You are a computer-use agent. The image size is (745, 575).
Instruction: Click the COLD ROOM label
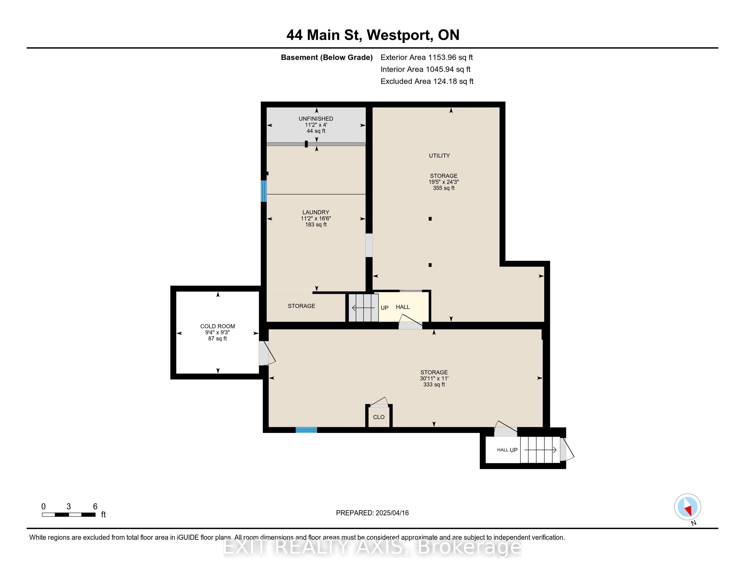point(217,326)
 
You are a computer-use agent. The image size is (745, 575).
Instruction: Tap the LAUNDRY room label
point(316,212)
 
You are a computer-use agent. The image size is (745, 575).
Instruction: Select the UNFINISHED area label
point(316,118)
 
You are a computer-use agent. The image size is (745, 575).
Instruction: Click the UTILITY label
point(439,156)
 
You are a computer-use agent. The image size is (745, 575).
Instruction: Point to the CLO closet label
point(379,417)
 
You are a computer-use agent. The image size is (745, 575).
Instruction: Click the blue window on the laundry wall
point(263,191)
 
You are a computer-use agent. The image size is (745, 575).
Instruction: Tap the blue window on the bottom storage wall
point(306,430)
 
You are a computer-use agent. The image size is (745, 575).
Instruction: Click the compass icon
point(687,507)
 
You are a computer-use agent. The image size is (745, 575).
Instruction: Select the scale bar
point(68,514)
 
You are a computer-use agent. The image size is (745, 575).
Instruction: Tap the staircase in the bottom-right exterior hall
point(540,450)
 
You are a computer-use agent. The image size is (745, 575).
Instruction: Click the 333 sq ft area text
point(434,385)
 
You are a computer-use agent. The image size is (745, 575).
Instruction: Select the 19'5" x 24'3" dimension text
point(444,182)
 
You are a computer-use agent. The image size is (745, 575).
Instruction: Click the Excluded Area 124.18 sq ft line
point(427,82)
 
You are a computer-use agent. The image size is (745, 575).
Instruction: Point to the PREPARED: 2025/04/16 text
point(372,513)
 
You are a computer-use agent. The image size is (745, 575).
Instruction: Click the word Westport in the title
point(399,35)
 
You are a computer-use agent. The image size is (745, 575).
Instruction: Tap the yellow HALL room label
point(403,307)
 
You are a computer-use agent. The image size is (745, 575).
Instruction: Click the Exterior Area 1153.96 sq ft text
point(426,57)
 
